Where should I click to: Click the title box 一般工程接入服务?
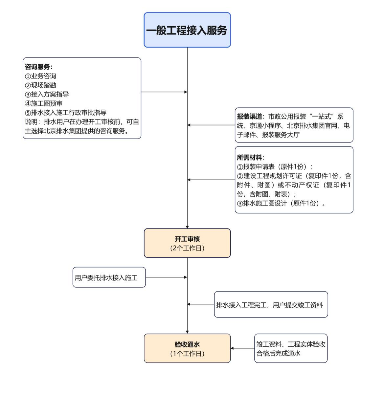187,30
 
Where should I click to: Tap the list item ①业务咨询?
41,76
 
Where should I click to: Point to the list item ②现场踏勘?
41,85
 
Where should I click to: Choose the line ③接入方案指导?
47,95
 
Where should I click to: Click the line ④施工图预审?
44,104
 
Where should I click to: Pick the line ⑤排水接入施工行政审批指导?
66,113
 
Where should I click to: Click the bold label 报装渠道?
249,117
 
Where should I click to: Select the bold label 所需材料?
249,158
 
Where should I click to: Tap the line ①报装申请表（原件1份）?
275,167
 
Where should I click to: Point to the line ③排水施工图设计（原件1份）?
281,203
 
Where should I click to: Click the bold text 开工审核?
187,239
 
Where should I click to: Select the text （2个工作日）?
187,248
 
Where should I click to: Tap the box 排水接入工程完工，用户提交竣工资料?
271,305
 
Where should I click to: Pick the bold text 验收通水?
187,344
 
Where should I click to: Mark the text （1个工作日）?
187,354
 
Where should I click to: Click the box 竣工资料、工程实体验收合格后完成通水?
291,348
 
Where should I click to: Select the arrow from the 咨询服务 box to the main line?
164,92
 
